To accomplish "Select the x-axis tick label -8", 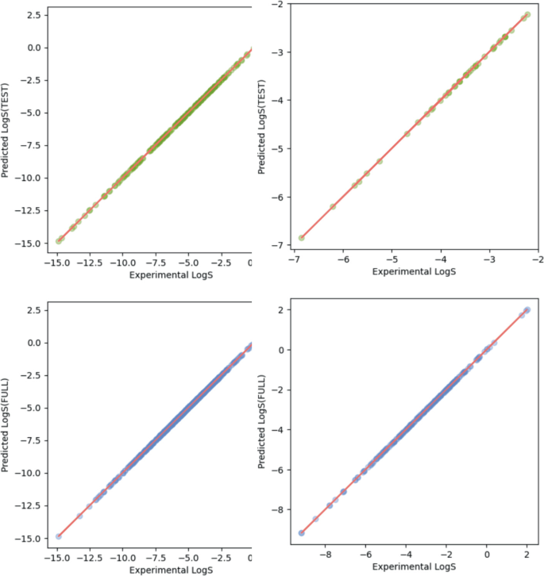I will point(327,556).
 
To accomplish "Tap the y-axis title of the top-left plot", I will point(6,129).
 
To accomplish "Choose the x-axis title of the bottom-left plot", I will point(153,569).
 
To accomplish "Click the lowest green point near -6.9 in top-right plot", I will point(301,237).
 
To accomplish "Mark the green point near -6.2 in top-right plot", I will point(333,206).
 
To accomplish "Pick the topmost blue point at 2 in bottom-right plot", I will point(527,309).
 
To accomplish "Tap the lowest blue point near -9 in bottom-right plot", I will point(301,533).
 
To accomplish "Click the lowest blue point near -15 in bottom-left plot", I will point(59,536).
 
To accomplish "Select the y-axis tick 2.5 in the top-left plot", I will point(33,15).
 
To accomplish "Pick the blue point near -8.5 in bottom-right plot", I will point(315,519).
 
